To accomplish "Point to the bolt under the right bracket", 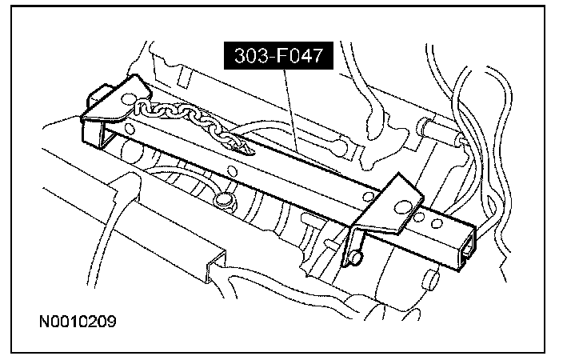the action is tap(356, 255).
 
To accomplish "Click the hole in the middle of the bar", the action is tap(233, 170).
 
